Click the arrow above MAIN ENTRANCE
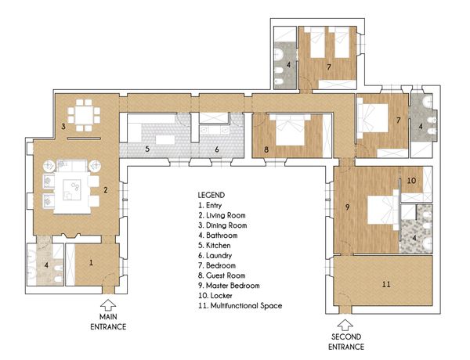(x=108, y=305)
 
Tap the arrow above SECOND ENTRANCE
(x=345, y=326)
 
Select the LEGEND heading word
(x=211, y=196)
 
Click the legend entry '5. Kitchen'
(x=215, y=246)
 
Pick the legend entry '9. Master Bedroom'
(x=229, y=286)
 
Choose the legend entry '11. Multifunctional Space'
(x=240, y=306)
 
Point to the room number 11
(x=386, y=284)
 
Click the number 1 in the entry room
(x=91, y=263)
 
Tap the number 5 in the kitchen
(x=147, y=149)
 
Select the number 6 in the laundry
(x=217, y=149)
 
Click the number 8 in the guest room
(x=266, y=149)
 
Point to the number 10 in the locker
(x=411, y=180)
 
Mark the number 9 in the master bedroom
(x=347, y=207)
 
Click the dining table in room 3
(x=84, y=115)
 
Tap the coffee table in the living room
(x=71, y=190)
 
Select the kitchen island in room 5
(x=165, y=140)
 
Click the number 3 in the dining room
(x=63, y=126)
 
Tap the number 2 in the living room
(x=106, y=190)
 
